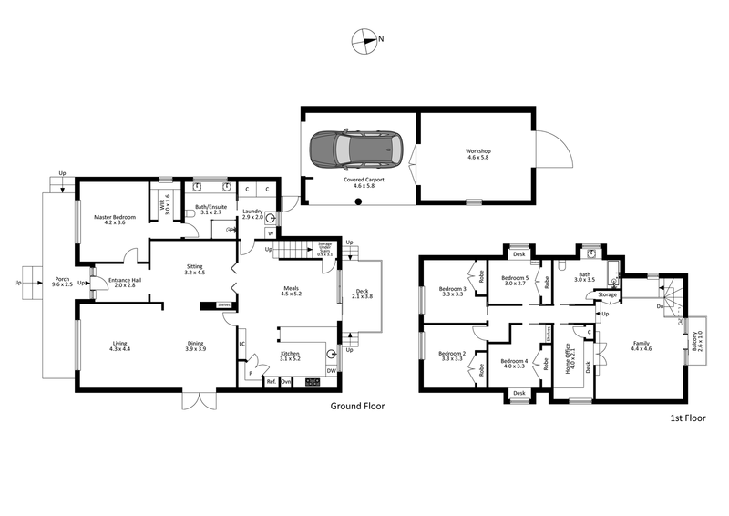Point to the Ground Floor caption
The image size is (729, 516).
coord(354,407)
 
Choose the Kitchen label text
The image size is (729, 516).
coord(289,354)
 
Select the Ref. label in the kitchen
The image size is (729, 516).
coord(271,382)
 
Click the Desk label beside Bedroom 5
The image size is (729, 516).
coord(519,253)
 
